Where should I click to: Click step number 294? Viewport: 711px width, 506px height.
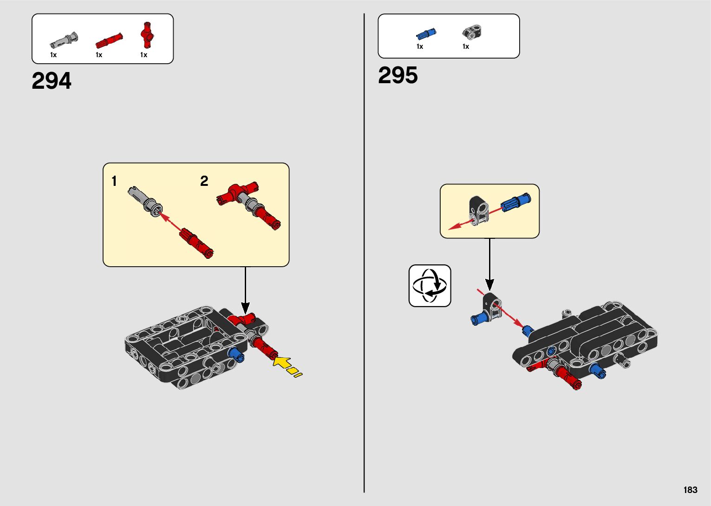52,81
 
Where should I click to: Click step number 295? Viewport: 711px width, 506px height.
398,75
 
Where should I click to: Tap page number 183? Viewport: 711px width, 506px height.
690,490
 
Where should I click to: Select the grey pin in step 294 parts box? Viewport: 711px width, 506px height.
64,40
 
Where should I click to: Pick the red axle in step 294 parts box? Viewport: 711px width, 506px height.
109,41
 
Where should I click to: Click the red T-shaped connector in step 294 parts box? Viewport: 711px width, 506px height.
147,35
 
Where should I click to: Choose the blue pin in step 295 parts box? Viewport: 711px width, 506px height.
426,34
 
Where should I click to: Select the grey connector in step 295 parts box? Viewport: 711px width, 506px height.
472,32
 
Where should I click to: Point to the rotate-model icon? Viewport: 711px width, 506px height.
430,286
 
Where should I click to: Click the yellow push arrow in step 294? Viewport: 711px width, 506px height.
282,362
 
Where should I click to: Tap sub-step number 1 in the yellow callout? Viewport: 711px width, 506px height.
114,181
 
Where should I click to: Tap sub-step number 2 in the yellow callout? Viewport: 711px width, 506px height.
204,181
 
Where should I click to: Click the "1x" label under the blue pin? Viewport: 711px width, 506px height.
420,46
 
